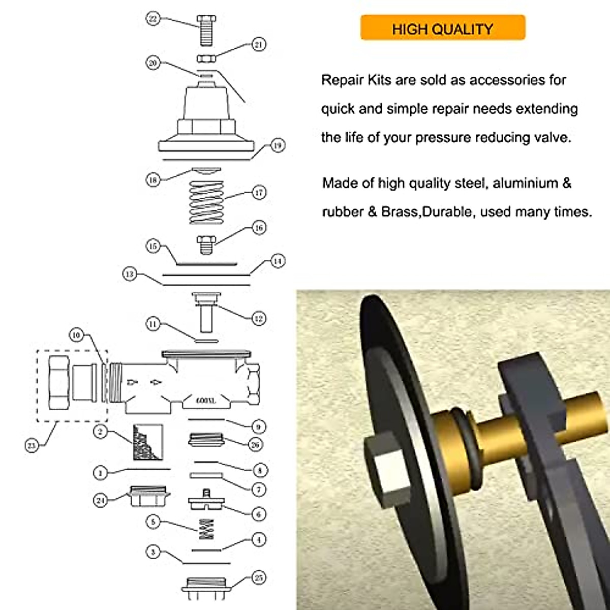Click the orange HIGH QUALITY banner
pyautogui.click(x=442, y=28)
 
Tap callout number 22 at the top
pyautogui.click(x=153, y=19)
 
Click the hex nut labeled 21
pyautogui.click(x=206, y=57)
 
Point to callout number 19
pyautogui.click(x=277, y=145)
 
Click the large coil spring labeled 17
pyautogui.click(x=206, y=202)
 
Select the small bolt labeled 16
pyautogui.click(x=206, y=245)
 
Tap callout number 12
pyautogui.click(x=258, y=319)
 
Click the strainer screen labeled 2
pyautogui.click(x=148, y=442)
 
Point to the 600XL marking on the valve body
pyautogui.click(x=206, y=401)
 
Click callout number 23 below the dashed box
pyautogui.click(x=32, y=446)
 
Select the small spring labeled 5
pyautogui.click(x=206, y=529)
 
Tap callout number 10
pyautogui.click(x=76, y=335)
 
